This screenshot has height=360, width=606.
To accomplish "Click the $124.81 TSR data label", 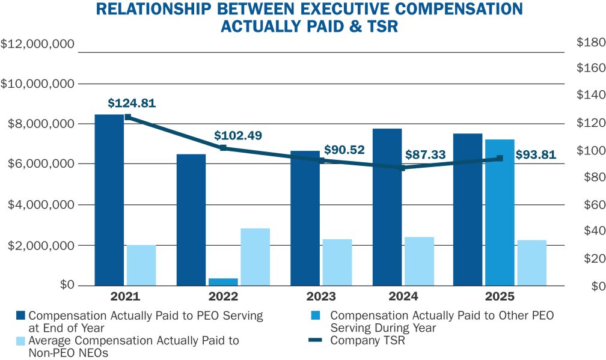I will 132,103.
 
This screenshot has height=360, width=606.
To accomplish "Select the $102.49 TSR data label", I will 238,135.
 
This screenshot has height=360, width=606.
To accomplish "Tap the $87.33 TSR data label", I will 425,154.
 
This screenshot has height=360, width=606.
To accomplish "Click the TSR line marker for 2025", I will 500,159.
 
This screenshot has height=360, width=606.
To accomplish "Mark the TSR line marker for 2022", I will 223,148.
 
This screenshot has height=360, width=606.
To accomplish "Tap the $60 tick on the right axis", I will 590,205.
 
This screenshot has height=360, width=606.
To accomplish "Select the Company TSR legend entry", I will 368,341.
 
